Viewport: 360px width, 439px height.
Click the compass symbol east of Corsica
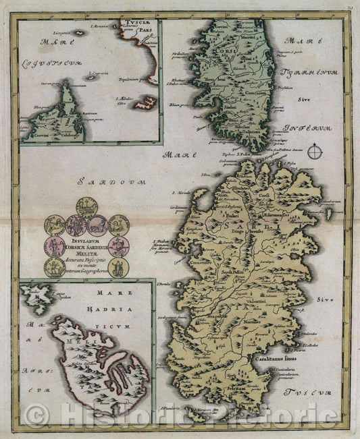click(x=314, y=152)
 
